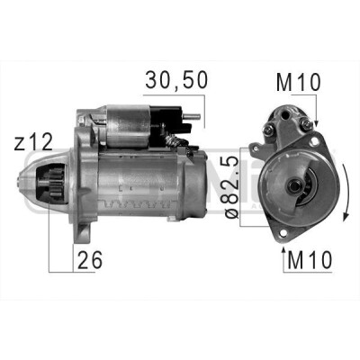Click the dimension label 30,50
(176, 81)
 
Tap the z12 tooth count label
(33, 142)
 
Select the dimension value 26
(90, 260)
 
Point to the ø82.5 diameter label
(232, 187)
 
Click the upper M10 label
(299, 82)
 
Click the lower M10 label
(310, 260)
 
